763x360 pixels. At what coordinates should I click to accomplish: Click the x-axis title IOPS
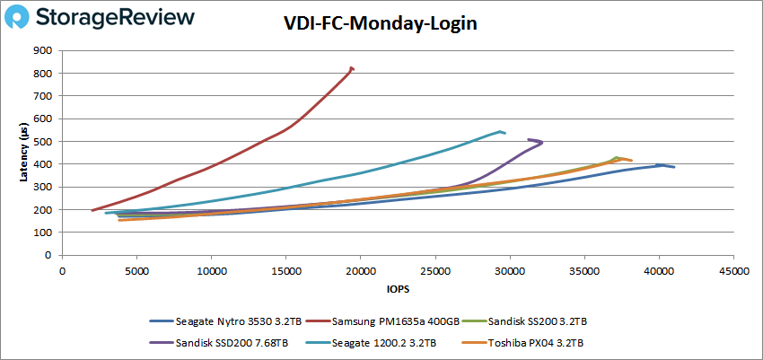[398, 288]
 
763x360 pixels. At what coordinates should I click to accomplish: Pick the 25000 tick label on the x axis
[434, 269]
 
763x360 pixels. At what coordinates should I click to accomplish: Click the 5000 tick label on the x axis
[136, 269]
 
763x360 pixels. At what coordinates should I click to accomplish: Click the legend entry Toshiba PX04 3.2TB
[531, 341]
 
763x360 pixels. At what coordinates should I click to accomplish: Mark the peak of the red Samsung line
[351, 67]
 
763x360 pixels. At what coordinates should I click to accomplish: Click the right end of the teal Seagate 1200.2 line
[505, 134]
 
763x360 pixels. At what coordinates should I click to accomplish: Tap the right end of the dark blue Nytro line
[674, 167]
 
